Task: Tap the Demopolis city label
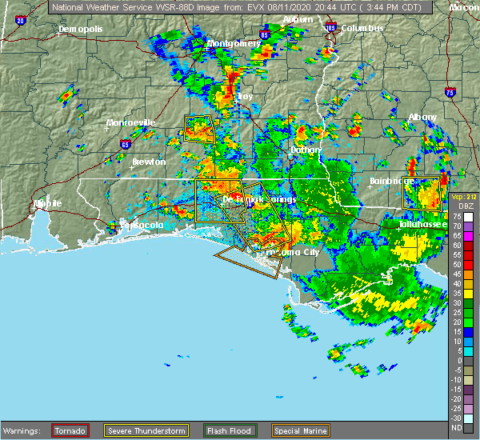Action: pyautogui.click(x=81, y=30)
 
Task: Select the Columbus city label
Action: pyautogui.click(x=362, y=28)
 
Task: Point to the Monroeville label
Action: pyautogui.click(x=131, y=123)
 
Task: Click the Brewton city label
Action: pyautogui.click(x=149, y=162)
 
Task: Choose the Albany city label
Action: pyautogui.click(x=422, y=117)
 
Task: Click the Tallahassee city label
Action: pyautogui.click(x=426, y=226)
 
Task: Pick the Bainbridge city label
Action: pyautogui.click(x=391, y=182)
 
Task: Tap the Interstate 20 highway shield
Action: pyautogui.click(x=19, y=19)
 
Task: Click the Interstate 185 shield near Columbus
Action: pyautogui.click(x=331, y=27)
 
